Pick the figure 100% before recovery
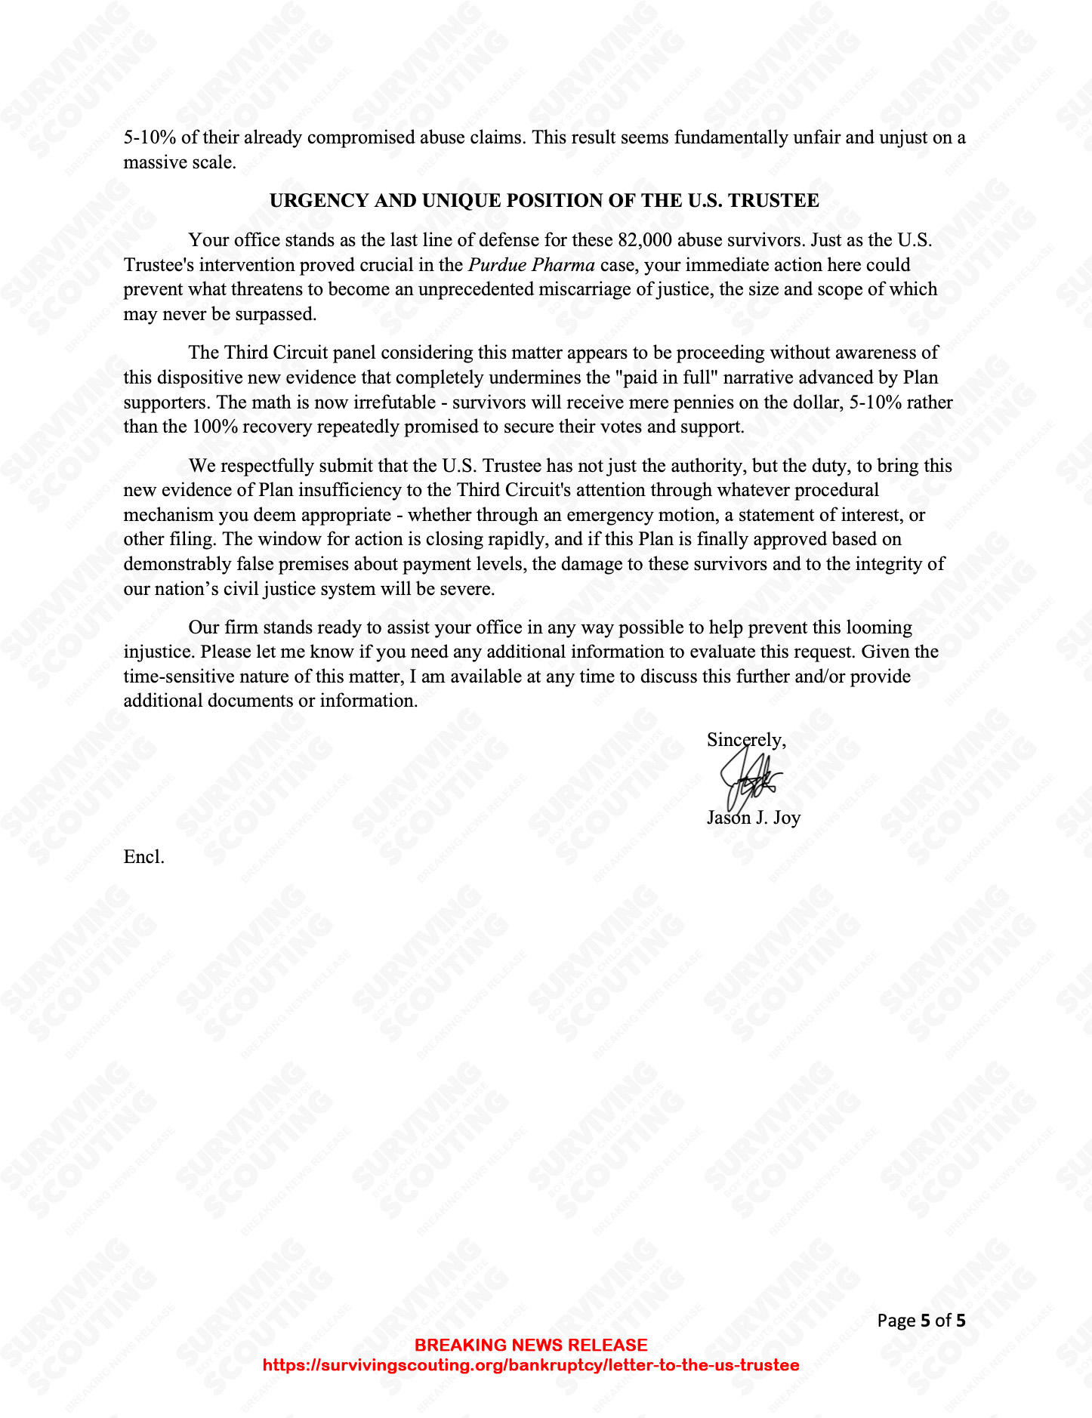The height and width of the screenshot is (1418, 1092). pos(214,427)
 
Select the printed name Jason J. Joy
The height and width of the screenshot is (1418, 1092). pos(754,818)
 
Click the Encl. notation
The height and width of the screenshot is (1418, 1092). pos(143,857)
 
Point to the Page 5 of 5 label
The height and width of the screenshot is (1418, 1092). pos(921,1321)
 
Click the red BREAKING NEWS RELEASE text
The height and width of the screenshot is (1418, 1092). pos(531,1345)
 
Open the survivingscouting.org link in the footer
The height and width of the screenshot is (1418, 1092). pos(531,1365)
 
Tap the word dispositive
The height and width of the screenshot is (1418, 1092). pos(192,378)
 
